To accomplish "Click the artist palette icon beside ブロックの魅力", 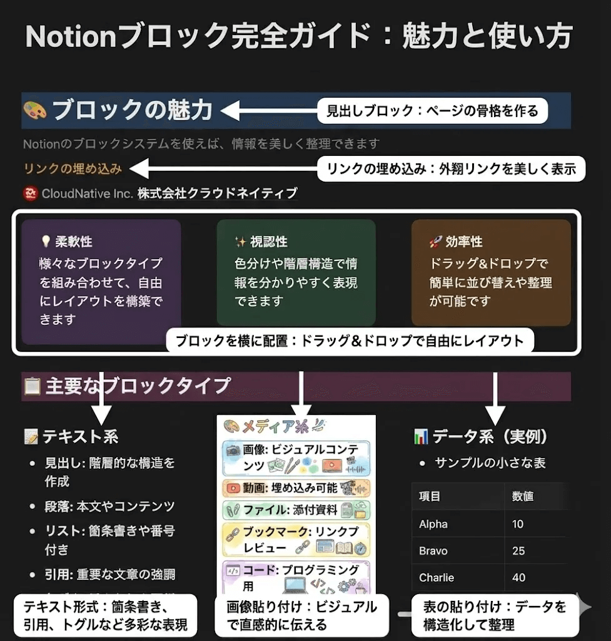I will (35, 110).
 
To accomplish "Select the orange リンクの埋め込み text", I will (73, 168).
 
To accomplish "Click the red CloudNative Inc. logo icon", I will (31, 193).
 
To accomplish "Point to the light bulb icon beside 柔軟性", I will (45, 242).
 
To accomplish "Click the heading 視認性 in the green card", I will (269, 242).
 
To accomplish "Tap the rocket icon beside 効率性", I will (435, 242).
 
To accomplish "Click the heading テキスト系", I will (80, 436).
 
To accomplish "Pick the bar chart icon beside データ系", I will (421, 437).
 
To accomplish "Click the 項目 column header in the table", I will (430, 496).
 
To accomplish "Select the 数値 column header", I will (522, 496).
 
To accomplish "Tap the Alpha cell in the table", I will (433, 524).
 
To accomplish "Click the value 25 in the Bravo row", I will (518, 551).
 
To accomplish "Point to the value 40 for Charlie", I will (518, 577).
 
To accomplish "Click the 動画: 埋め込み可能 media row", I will (296, 488).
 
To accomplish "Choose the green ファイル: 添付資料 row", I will (296, 510).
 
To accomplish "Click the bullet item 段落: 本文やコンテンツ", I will (109, 506).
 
